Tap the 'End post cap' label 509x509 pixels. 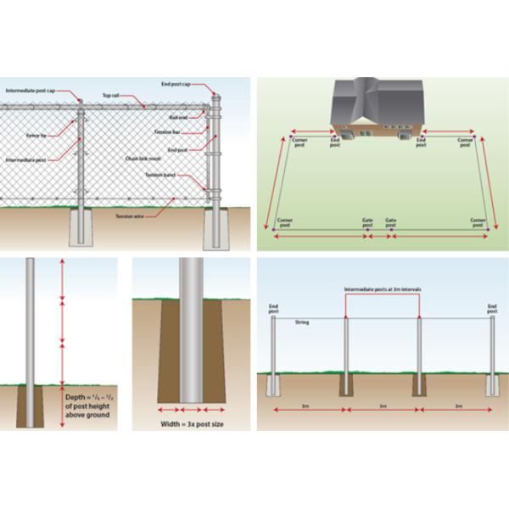(x=177, y=84)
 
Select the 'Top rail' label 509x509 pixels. (x=111, y=96)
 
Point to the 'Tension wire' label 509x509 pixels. (x=129, y=215)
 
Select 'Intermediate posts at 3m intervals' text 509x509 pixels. (x=383, y=288)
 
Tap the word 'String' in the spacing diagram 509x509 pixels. (x=301, y=323)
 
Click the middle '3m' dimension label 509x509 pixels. (x=383, y=406)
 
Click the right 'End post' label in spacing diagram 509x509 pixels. (x=492, y=307)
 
